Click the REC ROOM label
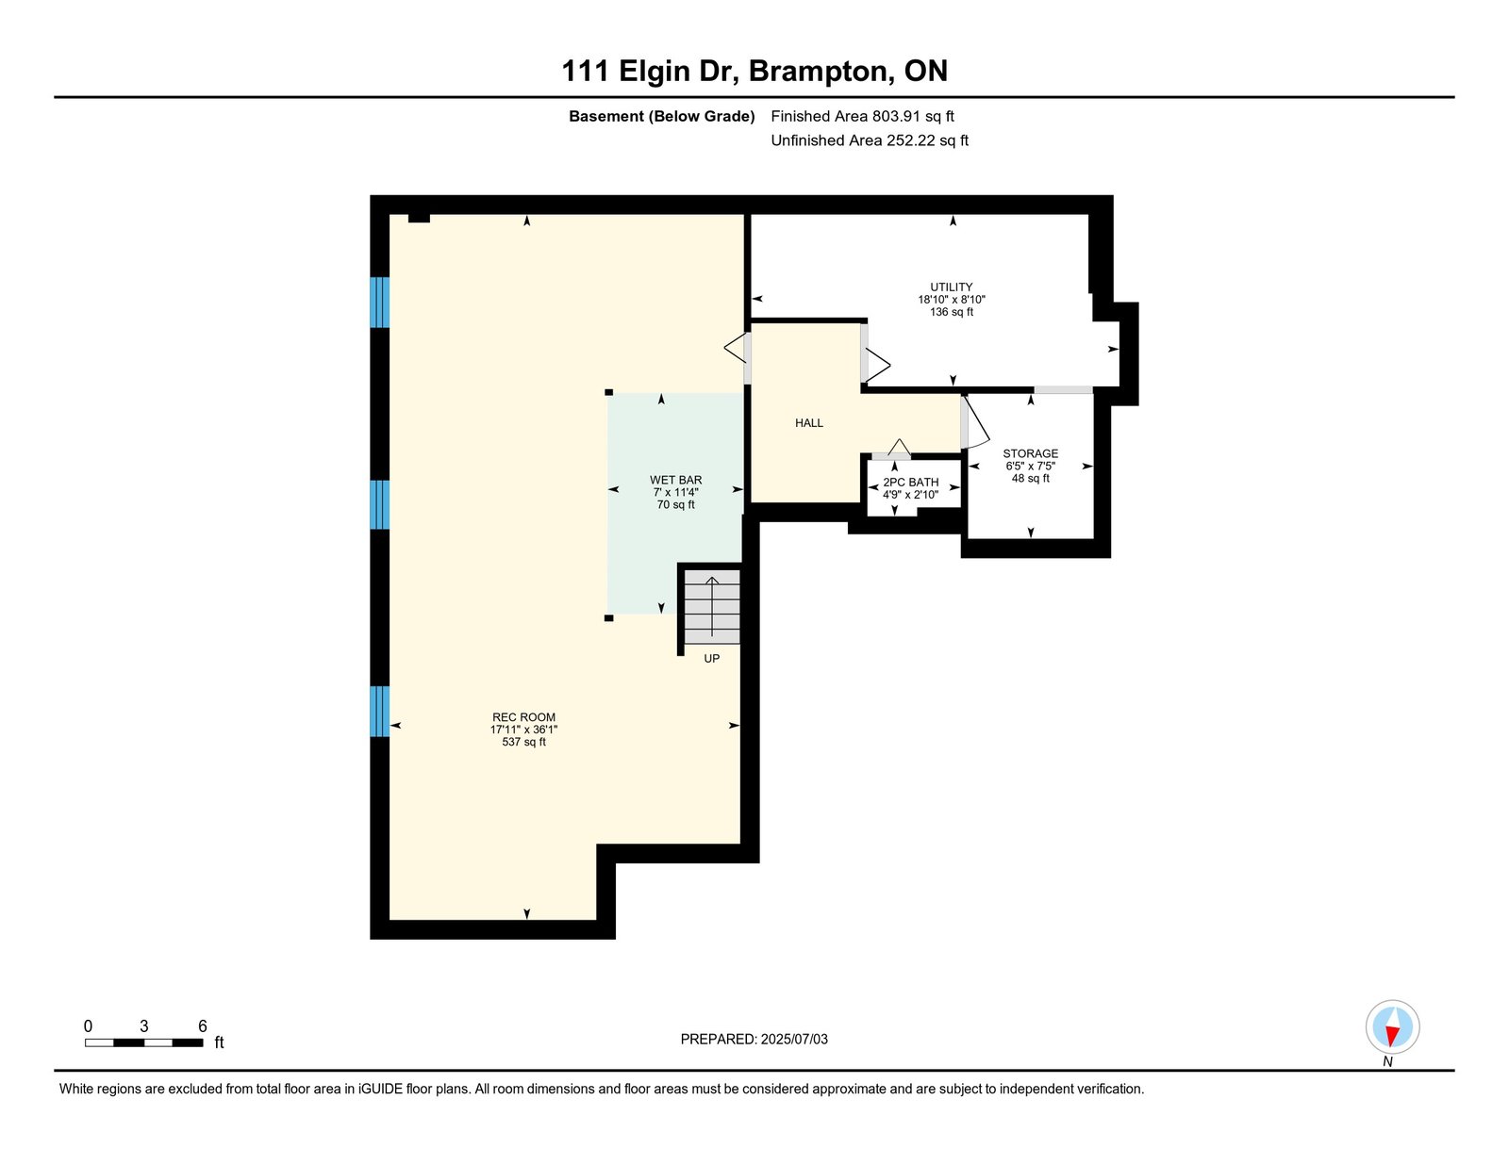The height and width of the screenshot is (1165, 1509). [x=523, y=716]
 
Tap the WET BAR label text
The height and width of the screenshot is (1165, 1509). [x=675, y=480]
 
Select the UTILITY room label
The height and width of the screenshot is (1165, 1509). [x=952, y=287]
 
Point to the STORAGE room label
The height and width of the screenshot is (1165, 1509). [x=1031, y=453]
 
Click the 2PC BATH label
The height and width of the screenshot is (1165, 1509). [x=910, y=483]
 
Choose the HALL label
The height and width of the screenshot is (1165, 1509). [x=809, y=422]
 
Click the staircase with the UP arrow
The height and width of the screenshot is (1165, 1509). [x=712, y=606]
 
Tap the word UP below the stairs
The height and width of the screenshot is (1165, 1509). [x=712, y=658]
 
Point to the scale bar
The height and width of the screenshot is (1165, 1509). [x=143, y=1042]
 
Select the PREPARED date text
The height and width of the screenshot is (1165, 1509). [x=754, y=1039]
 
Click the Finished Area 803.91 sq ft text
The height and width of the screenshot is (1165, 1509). [x=862, y=116]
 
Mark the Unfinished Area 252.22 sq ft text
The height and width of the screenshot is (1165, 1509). [x=870, y=140]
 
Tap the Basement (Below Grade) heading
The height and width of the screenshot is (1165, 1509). [x=662, y=117]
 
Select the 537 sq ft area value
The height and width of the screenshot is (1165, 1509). [x=523, y=742]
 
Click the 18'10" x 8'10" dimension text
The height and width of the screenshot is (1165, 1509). [x=952, y=299]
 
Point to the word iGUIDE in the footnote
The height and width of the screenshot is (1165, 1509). [x=380, y=1089]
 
